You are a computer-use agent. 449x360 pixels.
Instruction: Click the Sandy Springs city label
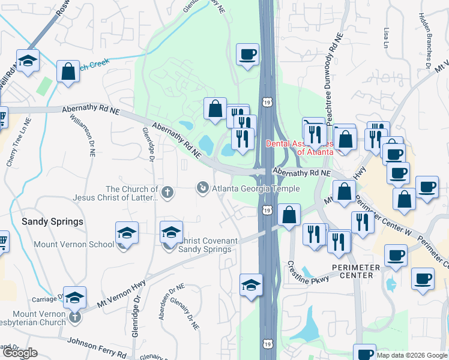52,221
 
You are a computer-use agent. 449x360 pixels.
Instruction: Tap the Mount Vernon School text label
74,244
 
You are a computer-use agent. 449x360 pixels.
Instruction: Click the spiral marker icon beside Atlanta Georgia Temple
203,189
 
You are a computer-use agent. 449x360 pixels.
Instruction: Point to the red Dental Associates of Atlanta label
298,148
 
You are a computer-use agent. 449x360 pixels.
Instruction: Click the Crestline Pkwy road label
307,272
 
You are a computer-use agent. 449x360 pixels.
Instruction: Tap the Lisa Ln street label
385,37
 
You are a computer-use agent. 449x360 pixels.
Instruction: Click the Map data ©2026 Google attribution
411,355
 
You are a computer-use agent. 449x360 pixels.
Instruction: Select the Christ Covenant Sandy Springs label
200,245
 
